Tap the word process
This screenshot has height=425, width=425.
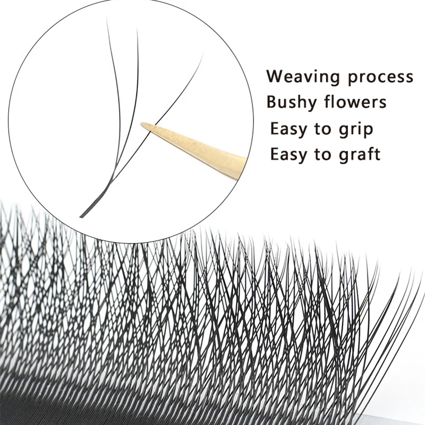pos(380,78)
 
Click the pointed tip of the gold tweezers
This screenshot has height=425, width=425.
pos(142,125)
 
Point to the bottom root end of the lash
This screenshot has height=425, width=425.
pos(81,217)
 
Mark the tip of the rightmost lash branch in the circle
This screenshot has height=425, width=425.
pos(202,55)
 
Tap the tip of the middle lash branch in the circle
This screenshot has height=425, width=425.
pos(137,29)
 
